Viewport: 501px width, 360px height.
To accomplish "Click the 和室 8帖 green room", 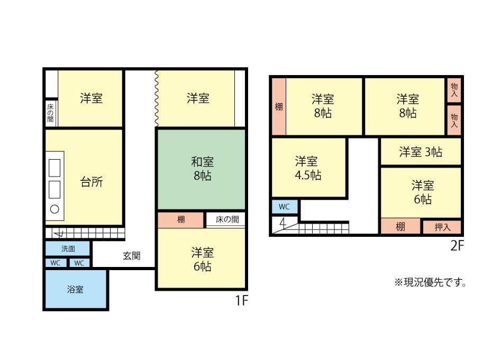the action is click(202, 169).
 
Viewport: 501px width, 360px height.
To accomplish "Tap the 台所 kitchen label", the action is click(92, 182).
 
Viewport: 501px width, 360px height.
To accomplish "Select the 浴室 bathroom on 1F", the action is click(76, 289).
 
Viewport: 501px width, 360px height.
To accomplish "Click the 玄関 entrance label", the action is click(132, 256).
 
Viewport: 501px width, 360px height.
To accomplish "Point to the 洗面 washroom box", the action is click(68, 248).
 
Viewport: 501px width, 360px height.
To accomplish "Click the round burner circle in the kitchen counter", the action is click(54, 209).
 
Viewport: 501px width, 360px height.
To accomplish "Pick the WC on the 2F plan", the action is click(285, 207).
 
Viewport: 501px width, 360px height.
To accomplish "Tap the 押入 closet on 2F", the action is click(442, 227).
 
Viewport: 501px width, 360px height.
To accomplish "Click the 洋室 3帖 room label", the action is click(421, 152).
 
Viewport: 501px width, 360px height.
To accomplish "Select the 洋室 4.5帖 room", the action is click(308, 168).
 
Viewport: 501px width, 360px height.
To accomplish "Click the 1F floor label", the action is click(242, 300).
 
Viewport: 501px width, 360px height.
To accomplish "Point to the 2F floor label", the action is click(457, 245).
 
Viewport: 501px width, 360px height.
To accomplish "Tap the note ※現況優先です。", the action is click(430, 282).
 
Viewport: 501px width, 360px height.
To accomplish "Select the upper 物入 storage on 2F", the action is click(454, 90).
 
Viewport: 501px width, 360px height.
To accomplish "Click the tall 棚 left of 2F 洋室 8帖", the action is click(279, 107).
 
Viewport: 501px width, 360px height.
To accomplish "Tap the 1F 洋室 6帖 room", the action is click(202, 259).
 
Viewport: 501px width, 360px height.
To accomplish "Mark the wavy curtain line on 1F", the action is click(156, 98).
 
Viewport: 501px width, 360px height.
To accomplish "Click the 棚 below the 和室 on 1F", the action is click(181, 219).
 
